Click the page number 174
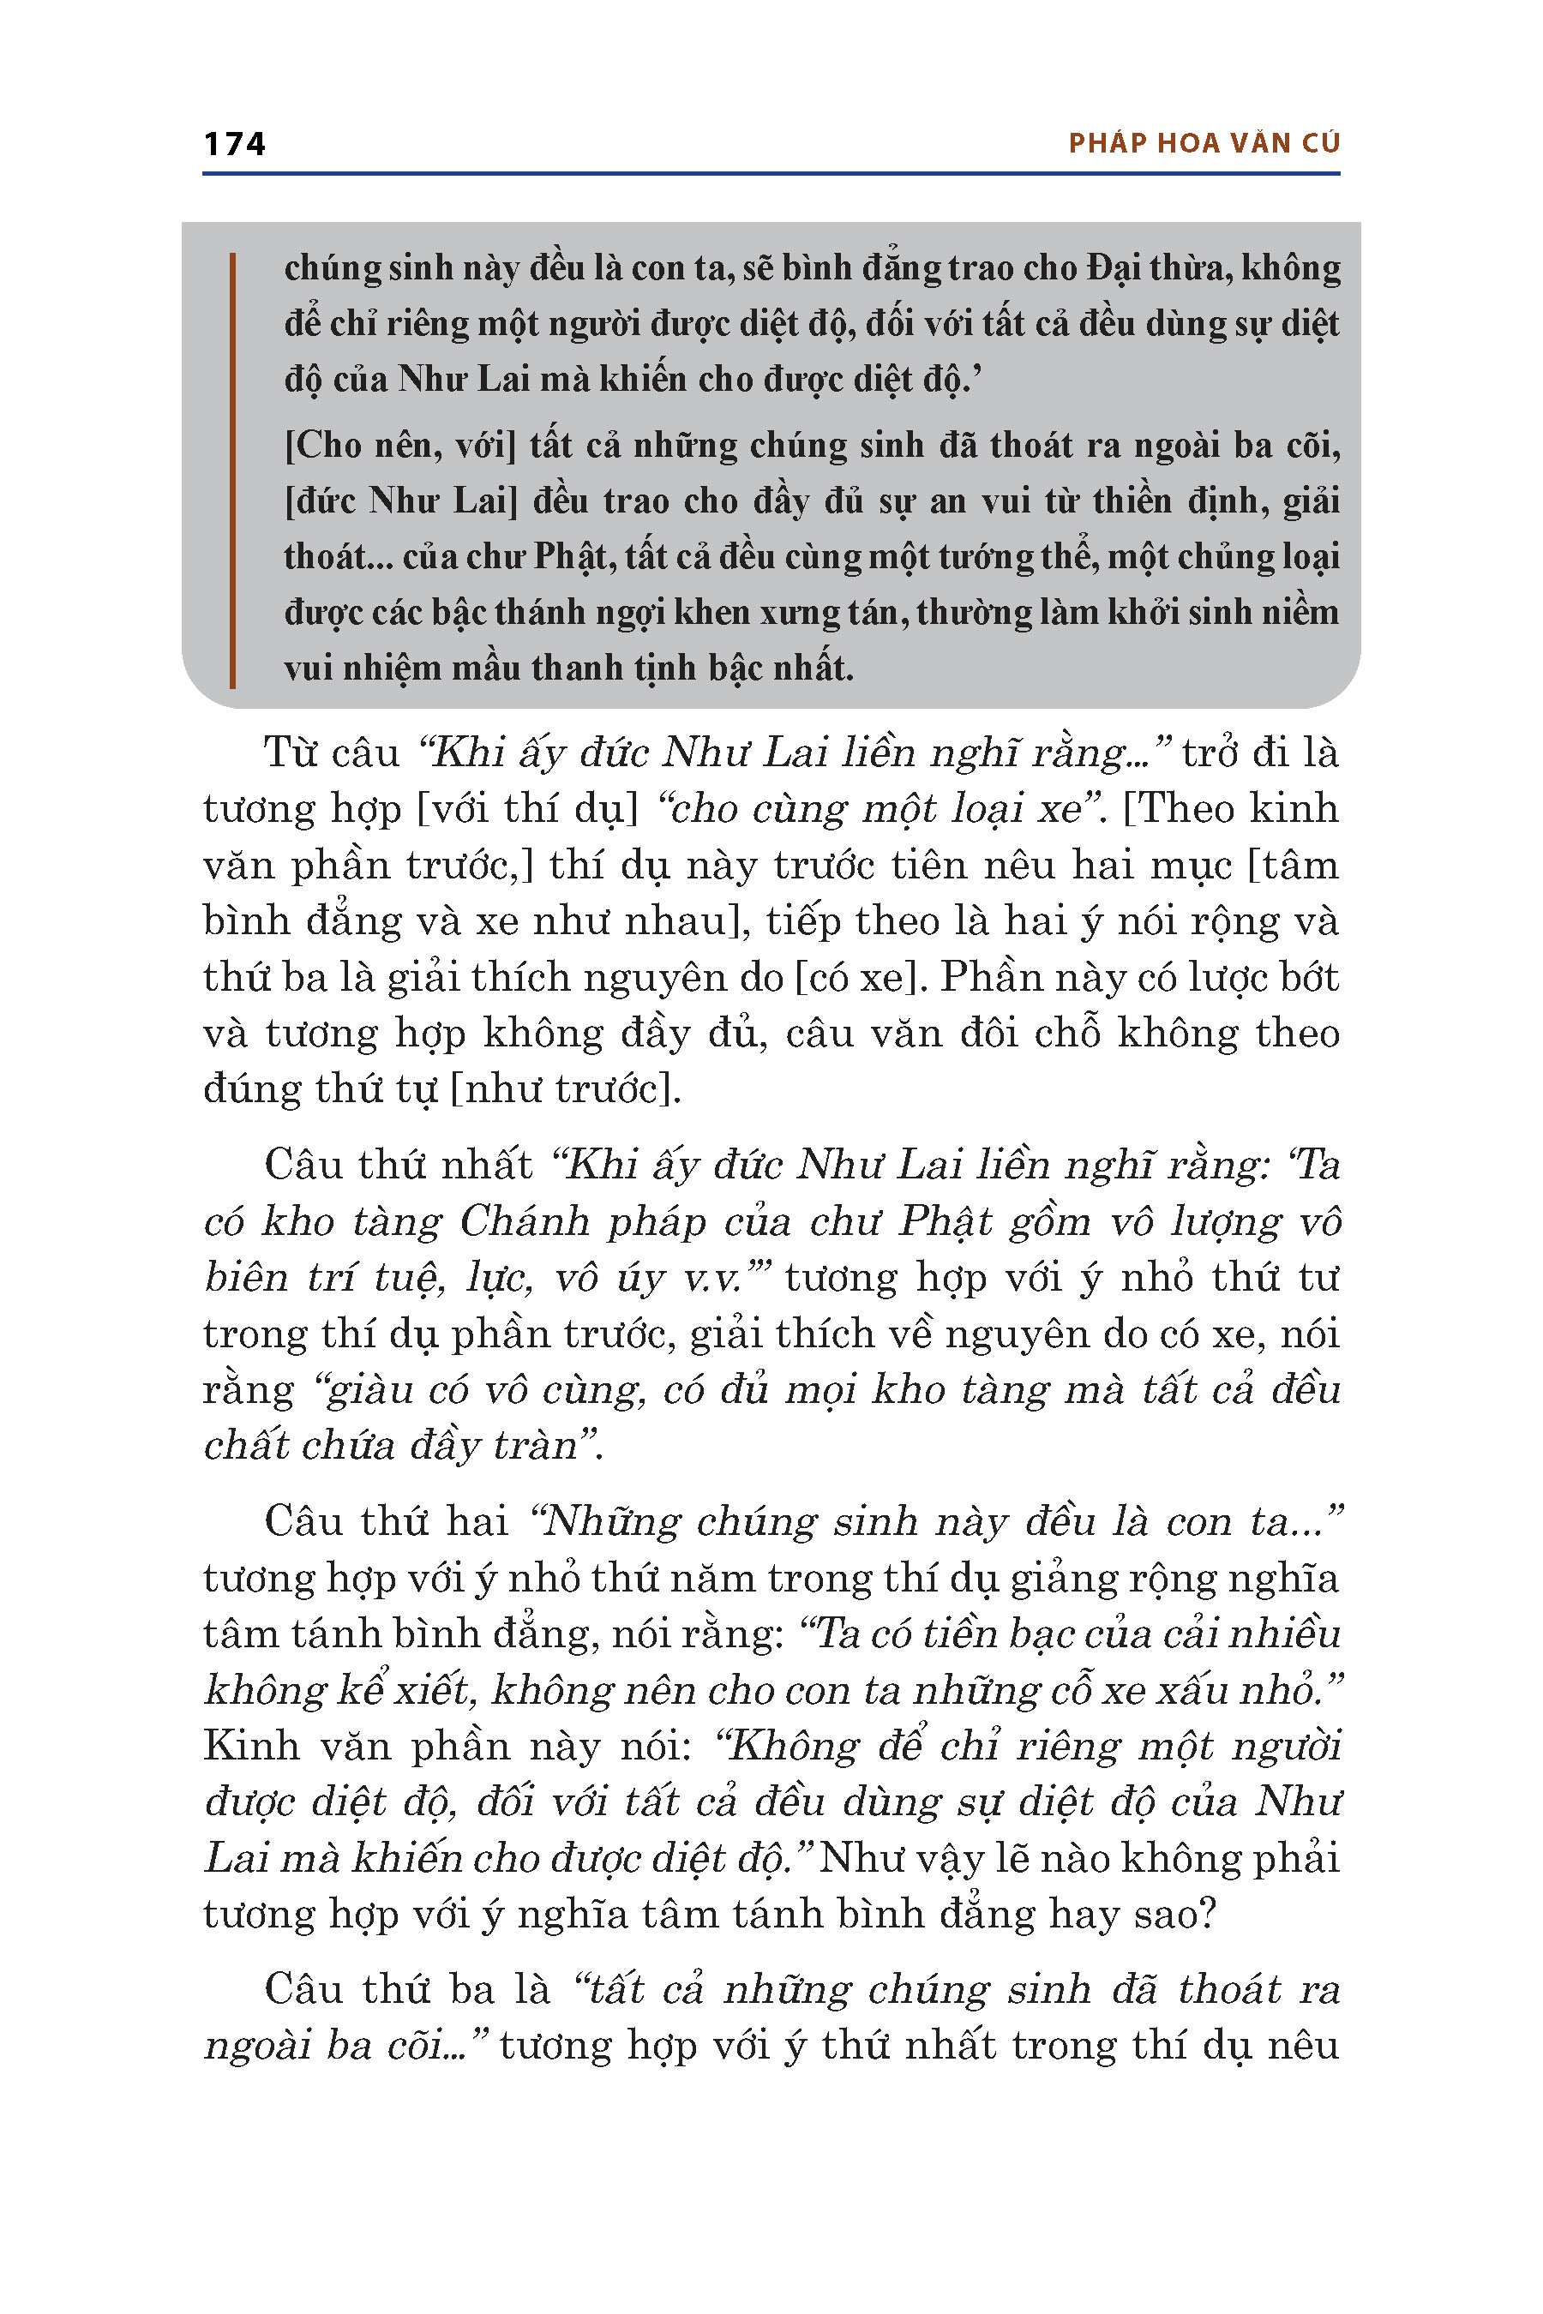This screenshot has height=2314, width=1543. click(234, 144)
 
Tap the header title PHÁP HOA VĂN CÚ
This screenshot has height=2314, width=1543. click(1204, 144)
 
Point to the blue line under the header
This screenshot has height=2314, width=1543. click(771, 174)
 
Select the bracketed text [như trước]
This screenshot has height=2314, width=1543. click(565, 1089)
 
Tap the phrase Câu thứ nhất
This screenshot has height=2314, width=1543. click(398, 1165)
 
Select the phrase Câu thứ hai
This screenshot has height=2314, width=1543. click(386, 1522)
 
